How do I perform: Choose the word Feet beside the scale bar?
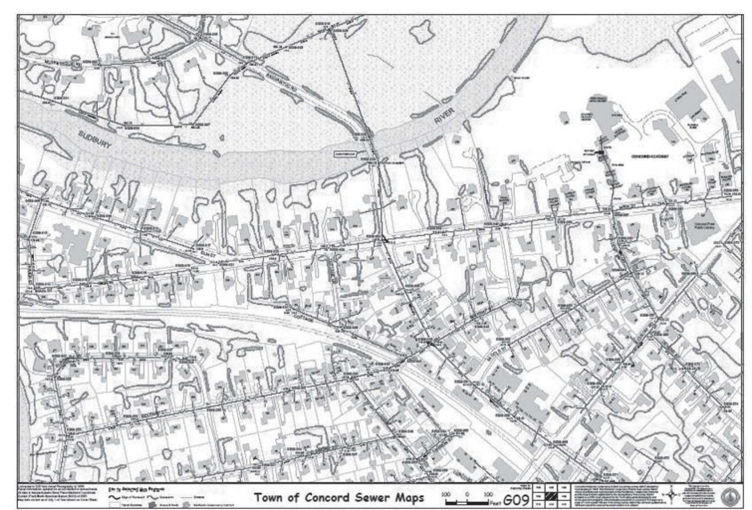495,502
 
